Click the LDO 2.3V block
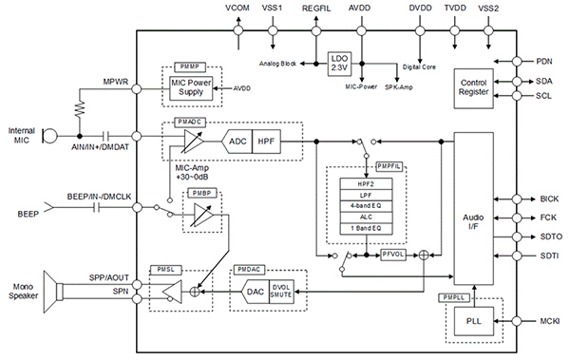click(339, 64)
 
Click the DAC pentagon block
click(255, 291)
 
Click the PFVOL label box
click(393, 256)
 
